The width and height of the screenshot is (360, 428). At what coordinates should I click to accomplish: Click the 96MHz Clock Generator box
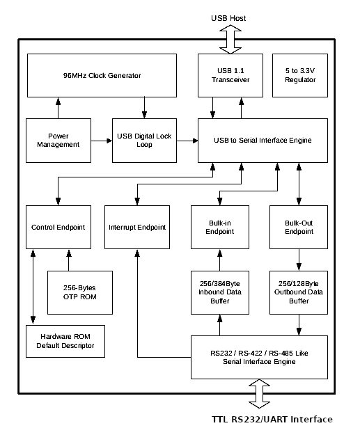click(102, 75)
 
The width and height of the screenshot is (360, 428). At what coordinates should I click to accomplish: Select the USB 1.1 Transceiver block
click(230, 75)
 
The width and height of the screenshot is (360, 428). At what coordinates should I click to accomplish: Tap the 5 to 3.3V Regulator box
click(300, 75)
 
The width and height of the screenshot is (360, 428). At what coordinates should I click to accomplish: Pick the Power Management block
click(58, 141)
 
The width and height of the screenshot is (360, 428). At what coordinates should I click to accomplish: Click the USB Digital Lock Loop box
click(144, 141)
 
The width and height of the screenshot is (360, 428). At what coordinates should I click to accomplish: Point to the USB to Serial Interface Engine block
click(263, 141)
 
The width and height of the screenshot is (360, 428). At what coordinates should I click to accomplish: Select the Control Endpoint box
click(58, 227)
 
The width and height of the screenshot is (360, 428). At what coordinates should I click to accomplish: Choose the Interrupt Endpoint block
click(137, 227)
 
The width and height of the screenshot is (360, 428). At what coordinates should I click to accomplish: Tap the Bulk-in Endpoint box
click(220, 227)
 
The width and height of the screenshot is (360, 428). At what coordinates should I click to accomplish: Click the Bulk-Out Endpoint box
click(299, 227)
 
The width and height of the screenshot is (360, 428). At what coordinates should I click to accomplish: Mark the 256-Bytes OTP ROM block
click(80, 292)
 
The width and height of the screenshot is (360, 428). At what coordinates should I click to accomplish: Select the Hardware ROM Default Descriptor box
click(65, 341)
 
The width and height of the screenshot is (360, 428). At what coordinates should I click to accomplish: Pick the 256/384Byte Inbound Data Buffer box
click(220, 292)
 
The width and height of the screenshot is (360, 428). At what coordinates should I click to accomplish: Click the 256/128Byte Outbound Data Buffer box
click(299, 292)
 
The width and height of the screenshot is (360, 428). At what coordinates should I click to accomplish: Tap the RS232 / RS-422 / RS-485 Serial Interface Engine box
click(259, 357)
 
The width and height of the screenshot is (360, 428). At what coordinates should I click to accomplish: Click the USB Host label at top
click(228, 18)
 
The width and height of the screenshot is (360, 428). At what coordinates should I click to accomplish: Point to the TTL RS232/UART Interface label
click(272, 419)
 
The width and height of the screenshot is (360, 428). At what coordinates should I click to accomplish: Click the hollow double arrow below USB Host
click(230, 39)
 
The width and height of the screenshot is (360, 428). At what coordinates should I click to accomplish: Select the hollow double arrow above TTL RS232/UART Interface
click(259, 394)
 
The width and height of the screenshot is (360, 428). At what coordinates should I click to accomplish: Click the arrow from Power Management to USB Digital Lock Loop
click(102, 141)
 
